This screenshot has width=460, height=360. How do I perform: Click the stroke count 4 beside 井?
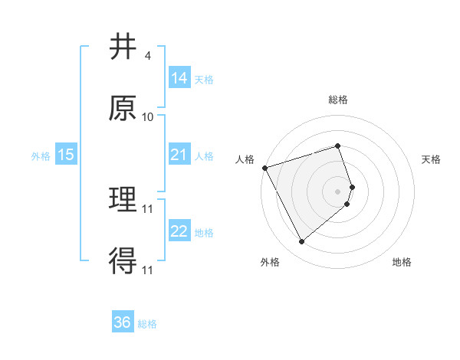(x=147, y=56)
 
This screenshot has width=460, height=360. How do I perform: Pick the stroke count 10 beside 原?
(x=148, y=117)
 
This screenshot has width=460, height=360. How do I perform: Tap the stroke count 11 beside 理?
(x=149, y=208)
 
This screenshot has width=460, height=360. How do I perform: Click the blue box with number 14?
(x=179, y=78)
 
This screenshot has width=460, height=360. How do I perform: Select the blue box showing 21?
(x=179, y=155)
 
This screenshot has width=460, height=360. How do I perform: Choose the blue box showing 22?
(x=179, y=231)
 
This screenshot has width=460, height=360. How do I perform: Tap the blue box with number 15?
(x=66, y=155)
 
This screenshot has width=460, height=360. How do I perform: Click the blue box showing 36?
(x=123, y=322)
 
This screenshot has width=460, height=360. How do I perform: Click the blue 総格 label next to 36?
(x=147, y=324)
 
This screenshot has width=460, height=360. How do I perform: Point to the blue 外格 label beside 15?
(x=41, y=155)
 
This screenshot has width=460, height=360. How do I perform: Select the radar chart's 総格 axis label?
(x=338, y=100)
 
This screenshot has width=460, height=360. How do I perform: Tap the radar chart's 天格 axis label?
(x=432, y=159)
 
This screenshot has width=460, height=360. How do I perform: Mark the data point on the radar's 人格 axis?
(x=264, y=167)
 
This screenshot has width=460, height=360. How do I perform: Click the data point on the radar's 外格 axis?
(x=301, y=241)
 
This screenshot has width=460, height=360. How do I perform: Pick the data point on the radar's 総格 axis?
(x=338, y=146)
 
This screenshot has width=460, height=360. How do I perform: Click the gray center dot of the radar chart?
(x=338, y=191)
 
